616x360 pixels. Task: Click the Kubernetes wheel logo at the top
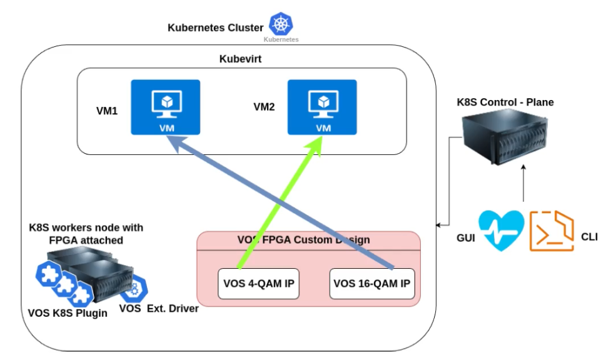point(281,24)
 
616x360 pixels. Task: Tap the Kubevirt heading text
point(240,59)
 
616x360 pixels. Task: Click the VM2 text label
point(264,107)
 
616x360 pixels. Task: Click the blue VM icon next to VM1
point(165,107)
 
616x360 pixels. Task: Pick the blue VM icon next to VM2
point(321,107)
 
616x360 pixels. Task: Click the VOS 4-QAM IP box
point(259,283)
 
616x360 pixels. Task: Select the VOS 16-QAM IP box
point(372,283)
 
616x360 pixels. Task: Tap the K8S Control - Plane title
point(505,102)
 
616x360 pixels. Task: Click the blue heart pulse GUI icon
point(501,231)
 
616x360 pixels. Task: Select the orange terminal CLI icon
point(552,231)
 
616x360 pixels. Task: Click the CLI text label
point(589,237)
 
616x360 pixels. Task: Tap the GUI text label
point(465,237)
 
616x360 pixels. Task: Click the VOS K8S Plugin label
point(68,312)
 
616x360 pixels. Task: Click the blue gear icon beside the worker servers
point(132,289)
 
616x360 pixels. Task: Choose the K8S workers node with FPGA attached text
point(86,233)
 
